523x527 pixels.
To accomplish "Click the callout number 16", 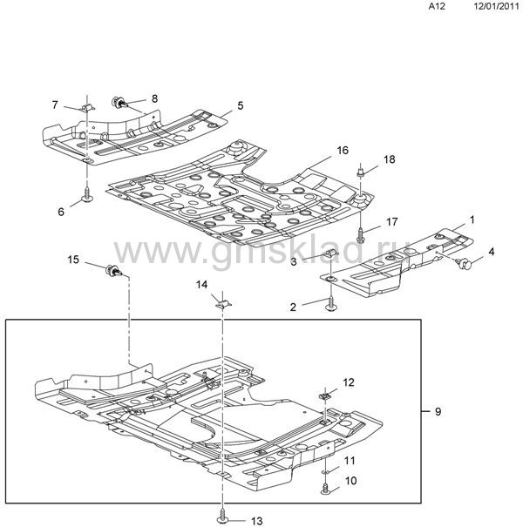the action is (343, 150).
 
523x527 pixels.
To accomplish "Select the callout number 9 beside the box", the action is (438, 411).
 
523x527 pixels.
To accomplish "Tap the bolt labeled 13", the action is (222, 514).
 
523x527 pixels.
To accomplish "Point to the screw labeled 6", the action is (87, 196).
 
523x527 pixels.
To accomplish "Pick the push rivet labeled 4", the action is (465, 263).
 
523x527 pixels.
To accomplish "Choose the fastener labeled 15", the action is (113, 271).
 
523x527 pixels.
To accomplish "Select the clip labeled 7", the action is (87, 108).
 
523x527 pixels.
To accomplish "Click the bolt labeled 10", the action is (325, 489).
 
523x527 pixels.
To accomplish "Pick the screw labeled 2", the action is (331, 305).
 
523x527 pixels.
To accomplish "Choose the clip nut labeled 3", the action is (331, 256).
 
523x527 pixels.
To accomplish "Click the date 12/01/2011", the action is (497, 7).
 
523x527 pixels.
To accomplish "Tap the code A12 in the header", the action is (437, 7).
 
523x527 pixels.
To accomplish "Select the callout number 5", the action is (240, 105).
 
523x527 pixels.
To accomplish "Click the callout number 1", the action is (472, 220).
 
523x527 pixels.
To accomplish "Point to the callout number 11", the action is (350, 460).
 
